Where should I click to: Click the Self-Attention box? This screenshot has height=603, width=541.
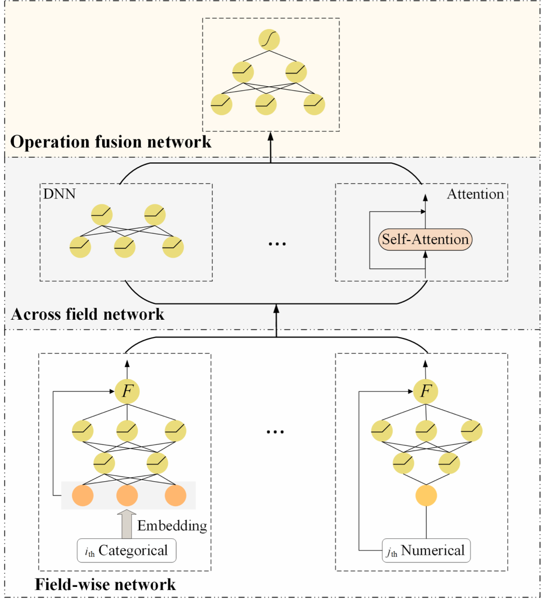(425, 239)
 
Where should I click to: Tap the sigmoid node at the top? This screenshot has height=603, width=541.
(269, 40)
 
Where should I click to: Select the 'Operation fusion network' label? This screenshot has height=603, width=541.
(111, 142)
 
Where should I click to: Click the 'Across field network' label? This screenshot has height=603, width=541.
(88, 314)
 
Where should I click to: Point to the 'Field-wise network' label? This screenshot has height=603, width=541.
(105, 584)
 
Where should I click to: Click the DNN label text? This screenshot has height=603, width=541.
(59, 194)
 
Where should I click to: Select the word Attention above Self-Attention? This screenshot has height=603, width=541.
(475, 194)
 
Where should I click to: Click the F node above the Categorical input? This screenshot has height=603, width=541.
(127, 391)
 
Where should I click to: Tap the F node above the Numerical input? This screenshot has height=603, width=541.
(426, 391)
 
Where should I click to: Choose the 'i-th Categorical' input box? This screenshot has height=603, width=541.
(127, 551)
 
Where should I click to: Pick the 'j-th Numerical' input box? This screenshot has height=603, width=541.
(426, 551)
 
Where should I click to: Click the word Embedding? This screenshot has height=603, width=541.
(172, 525)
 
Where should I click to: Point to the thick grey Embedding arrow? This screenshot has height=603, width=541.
(127, 524)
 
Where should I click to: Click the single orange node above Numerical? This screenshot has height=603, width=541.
(426, 496)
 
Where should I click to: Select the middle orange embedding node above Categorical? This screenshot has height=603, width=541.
(127, 496)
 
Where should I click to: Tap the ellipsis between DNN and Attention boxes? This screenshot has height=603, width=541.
(277, 244)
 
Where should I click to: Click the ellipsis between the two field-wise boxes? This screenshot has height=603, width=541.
(275, 432)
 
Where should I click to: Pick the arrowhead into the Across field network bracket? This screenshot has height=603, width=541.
(277, 308)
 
